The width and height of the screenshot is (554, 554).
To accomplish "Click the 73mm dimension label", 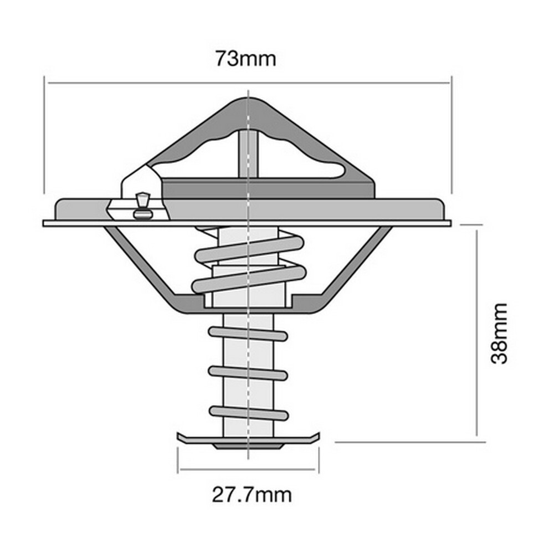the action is click(246, 59).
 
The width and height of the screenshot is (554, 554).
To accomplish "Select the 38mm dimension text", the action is click(499, 333).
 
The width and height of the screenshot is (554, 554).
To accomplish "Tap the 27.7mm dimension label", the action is click(252, 495).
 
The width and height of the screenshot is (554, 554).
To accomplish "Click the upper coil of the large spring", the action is click(249, 249).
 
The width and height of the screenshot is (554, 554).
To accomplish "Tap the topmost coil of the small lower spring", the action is click(248, 334).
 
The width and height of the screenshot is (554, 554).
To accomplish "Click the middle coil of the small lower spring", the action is click(248, 373).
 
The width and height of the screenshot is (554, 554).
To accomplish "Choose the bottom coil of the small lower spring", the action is click(249, 413).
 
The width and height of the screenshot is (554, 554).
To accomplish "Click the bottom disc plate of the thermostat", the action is click(248, 440).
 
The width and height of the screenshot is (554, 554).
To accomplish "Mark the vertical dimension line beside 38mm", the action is click(476, 333).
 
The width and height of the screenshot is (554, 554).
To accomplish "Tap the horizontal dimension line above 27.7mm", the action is click(247, 470).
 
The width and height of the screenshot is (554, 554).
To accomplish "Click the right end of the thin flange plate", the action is click(451, 223).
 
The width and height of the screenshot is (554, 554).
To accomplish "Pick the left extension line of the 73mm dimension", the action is click(44, 135).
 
